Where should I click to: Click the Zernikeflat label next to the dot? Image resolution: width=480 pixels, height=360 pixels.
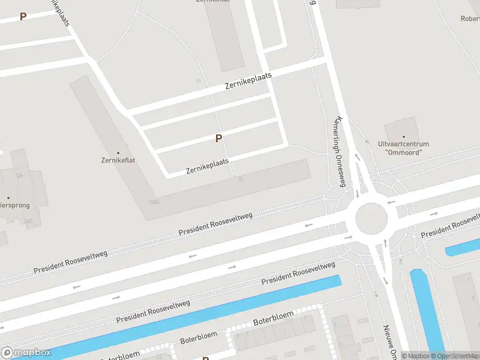tap(118, 161)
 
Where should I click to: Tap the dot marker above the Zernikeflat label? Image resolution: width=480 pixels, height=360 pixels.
tap(118, 153)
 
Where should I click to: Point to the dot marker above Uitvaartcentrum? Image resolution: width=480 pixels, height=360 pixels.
tap(403, 137)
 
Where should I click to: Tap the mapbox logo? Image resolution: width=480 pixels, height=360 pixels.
tap(25, 353)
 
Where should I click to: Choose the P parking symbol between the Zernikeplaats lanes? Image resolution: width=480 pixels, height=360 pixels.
tap(218, 139)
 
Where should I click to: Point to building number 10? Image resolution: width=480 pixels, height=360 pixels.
tap(239, 179)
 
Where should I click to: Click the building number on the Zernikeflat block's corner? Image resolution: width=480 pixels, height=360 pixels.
tap(154, 202)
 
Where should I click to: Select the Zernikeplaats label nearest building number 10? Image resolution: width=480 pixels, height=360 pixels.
tap(208, 166)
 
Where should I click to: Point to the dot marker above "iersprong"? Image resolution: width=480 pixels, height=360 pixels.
tap(8, 197)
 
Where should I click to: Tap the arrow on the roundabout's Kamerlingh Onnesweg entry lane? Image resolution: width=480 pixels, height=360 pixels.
tap(357, 193)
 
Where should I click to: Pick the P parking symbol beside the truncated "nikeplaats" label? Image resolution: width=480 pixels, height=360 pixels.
tap(23, 17)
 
